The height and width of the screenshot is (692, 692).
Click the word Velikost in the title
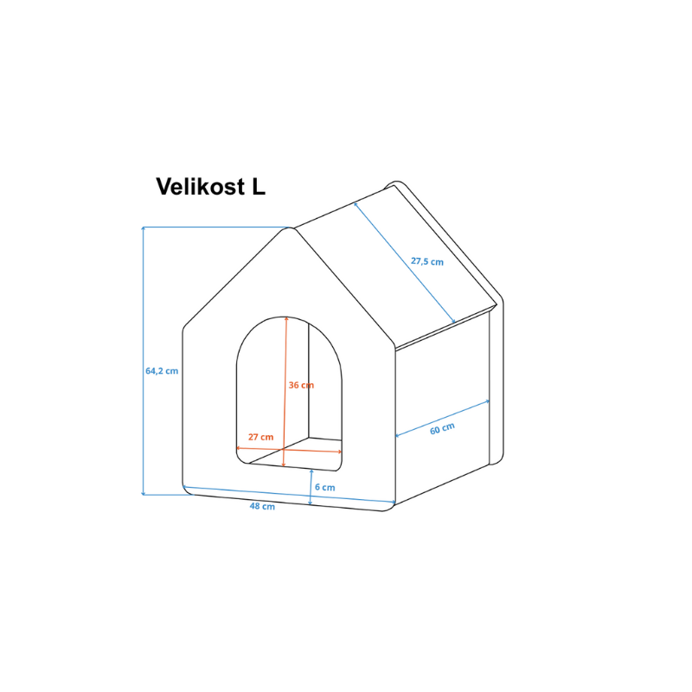point(201,187)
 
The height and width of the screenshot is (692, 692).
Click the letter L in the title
point(259,187)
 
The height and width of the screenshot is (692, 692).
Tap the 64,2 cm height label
point(162,371)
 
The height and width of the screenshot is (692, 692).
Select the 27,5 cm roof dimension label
point(427,261)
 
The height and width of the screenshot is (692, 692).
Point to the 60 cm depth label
point(442,428)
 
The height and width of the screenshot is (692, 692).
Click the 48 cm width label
point(262,506)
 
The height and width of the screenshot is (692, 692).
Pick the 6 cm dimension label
point(325,487)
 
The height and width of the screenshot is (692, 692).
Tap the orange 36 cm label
point(301,385)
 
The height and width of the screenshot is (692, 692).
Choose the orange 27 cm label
point(261,437)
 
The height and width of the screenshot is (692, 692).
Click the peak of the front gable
point(289,227)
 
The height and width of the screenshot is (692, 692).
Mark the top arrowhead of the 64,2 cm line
point(143,228)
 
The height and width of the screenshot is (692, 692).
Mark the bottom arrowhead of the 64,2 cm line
point(143,493)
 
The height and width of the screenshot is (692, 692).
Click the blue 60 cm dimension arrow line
point(442,419)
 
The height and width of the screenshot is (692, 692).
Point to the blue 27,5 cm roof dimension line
point(404,263)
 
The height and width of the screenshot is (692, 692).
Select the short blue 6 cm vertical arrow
point(311,487)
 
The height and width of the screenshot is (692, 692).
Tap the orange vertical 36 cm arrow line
point(285,392)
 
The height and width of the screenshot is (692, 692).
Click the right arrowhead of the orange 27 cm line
point(340,452)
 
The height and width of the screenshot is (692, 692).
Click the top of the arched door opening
point(286,317)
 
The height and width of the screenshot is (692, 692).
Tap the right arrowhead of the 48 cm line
point(394,502)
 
